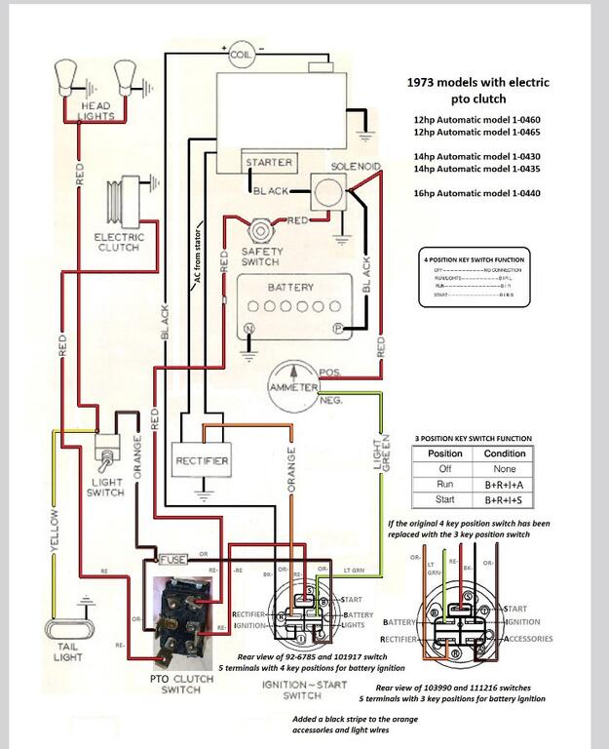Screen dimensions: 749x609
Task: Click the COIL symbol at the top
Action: (240, 56)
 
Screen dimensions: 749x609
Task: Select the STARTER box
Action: (269, 163)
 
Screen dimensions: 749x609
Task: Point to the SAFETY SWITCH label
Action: (260, 256)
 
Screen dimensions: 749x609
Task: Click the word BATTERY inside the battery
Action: (290, 288)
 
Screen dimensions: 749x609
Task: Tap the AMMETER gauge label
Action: (293, 388)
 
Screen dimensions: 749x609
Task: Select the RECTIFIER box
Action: (202, 459)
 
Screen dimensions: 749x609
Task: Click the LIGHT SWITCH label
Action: (105, 487)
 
